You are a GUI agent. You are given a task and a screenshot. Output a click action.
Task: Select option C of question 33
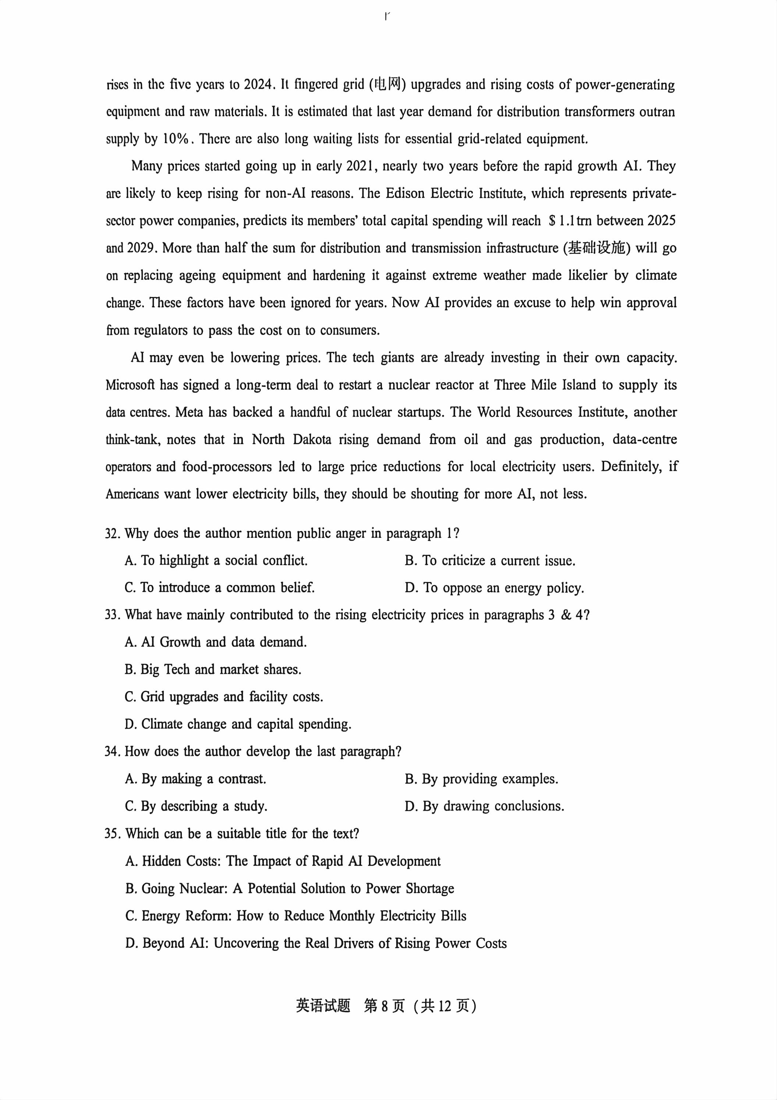tap(224, 697)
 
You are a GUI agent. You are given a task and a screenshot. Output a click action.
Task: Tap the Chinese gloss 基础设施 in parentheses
tap(597, 248)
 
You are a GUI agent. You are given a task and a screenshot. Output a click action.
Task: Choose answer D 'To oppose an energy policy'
tap(494, 588)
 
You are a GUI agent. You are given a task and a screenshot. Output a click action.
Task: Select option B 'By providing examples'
tap(481, 779)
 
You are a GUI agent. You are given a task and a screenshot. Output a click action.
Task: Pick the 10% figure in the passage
tap(176, 139)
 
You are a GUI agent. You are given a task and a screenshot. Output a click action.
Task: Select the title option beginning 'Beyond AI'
tap(316, 943)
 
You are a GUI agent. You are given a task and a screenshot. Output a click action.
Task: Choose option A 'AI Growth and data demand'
tap(216, 642)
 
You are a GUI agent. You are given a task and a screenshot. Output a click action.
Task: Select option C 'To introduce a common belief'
tap(220, 588)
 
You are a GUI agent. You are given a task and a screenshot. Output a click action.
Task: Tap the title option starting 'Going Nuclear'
tap(290, 889)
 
